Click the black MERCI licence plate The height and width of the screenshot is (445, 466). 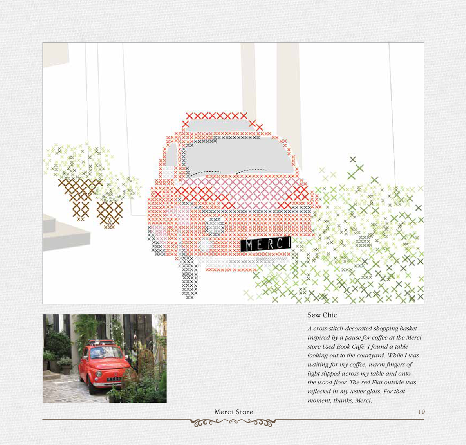pos(266,244)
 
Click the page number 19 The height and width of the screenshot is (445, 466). pos(421,412)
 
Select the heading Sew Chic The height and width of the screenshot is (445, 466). pos(322,315)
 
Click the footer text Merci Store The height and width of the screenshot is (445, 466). pos(234,412)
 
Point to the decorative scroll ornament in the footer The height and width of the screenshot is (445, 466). pos(233,422)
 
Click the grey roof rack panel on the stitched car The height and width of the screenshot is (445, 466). pos(218,125)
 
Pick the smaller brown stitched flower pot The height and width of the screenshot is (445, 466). pos(109,214)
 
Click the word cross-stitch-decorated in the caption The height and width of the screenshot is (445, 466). pos(343,329)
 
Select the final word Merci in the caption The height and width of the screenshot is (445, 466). pos(363,400)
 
